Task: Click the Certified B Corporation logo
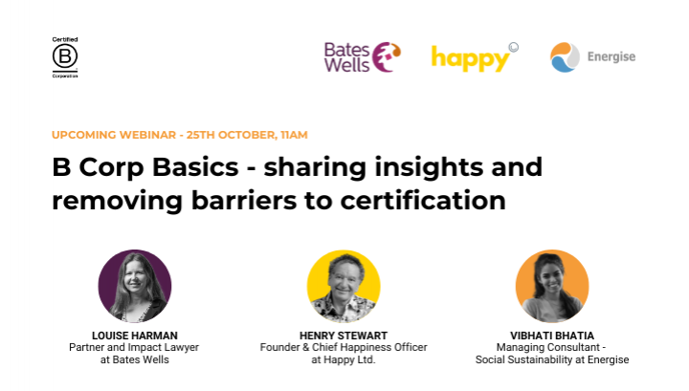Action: [65, 57]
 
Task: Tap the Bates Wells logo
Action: [363, 57]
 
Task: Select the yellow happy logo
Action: [475, 57]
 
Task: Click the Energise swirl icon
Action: [565, 57]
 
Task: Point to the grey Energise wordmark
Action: [611, 57]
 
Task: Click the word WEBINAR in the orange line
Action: [147, 135]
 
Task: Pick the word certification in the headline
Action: [423, 201]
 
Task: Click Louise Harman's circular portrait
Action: [135, 286]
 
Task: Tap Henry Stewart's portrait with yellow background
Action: [344, 286]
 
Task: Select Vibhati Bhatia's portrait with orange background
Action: [552, 286]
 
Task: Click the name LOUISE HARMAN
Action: [135, 336]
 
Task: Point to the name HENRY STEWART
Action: [344, 336]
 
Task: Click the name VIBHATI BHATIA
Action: [552, 336]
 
